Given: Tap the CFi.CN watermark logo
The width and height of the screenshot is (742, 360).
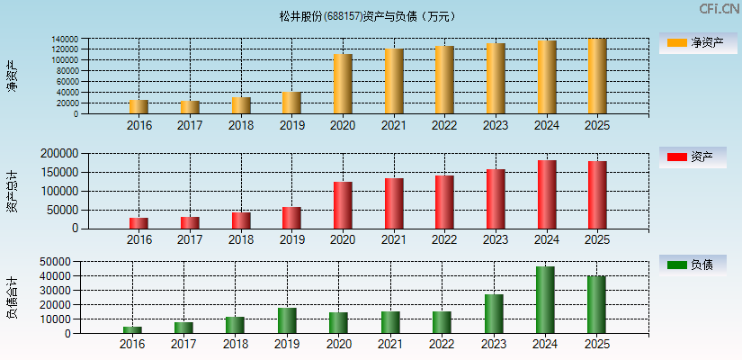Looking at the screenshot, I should [719, 9].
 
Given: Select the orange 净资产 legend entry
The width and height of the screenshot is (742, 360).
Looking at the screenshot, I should [693, 42].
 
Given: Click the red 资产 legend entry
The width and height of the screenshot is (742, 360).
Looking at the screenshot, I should [693, 157].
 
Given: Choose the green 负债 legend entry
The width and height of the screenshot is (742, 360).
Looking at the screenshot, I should [693, 265].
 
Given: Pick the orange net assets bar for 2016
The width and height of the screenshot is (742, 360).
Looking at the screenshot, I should [139, 107].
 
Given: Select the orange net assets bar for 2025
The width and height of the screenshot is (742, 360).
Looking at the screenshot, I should [597, 76].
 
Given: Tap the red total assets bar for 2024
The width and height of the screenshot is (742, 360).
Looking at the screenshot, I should [547, 194].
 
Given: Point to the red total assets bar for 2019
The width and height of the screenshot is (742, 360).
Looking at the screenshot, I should [291, 218].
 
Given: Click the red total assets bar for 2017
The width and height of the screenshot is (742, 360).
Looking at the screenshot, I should [190, 222].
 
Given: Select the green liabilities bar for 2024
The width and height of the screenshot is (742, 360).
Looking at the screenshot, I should [545, 300].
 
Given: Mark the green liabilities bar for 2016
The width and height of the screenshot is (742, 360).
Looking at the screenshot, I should [132, 329].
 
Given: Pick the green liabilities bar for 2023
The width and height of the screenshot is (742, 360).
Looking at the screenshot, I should [494, 313].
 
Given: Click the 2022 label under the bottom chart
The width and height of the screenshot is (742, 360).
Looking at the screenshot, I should [442, 344].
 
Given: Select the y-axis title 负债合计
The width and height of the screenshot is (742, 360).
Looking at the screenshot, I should [12, 297].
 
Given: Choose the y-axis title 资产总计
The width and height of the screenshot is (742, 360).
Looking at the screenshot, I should [12, 191].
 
